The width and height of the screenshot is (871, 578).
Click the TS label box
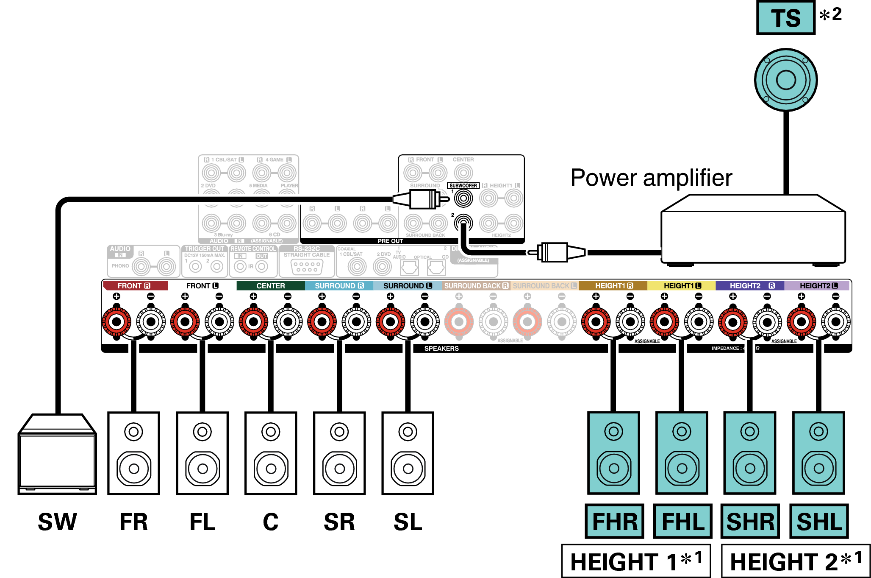pos(786,18)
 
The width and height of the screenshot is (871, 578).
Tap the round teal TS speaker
pos(786,80)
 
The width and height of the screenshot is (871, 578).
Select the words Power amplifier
pos(651,178)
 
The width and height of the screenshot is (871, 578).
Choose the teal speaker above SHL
pos(818,453)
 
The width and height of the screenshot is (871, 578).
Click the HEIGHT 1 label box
pos(636,561)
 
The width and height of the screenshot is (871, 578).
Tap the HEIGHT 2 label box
pos(796,561)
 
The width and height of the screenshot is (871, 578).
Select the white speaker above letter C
pos(271,453)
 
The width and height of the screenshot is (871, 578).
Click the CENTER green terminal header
pos(270,286)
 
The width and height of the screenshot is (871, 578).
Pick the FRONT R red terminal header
pos(135,286)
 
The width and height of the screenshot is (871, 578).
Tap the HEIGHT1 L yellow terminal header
pos(681,286)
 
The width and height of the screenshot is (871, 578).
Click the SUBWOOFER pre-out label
pos(463,186)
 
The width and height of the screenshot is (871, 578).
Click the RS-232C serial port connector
pos(307,267)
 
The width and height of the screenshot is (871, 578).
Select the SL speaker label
pos(408,522)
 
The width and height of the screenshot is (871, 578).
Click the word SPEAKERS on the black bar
pos(441,349)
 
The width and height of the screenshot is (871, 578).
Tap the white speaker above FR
pos(133,453)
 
